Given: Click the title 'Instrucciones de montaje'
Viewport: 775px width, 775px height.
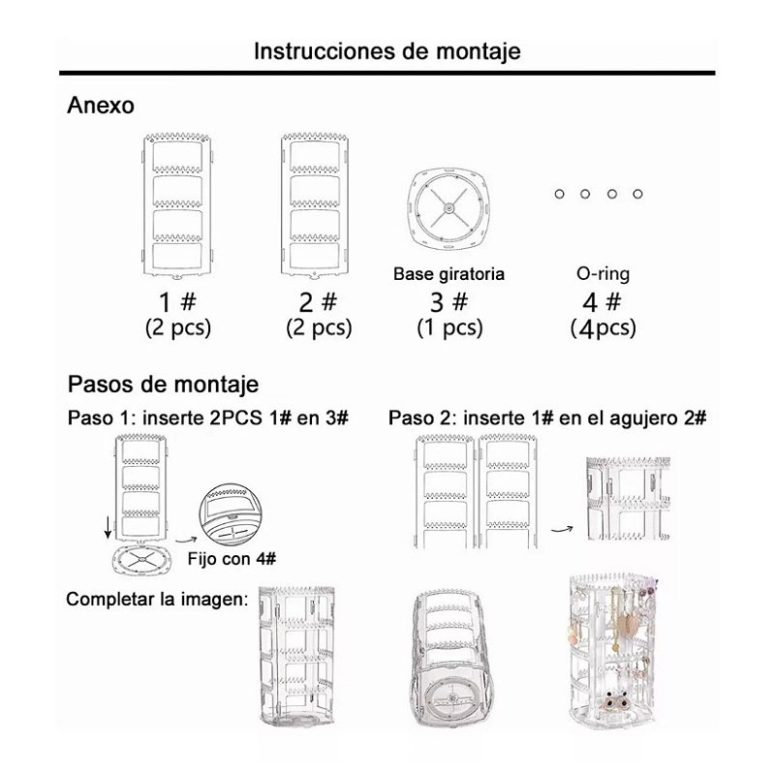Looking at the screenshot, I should point(387,50).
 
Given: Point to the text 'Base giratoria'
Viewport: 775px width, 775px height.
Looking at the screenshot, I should point(449,275).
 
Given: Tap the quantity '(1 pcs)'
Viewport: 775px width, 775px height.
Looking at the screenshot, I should point(449,327).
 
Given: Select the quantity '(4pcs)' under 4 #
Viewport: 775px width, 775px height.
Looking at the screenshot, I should point(604,327).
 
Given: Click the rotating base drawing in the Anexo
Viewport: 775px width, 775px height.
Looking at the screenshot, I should point(449,207).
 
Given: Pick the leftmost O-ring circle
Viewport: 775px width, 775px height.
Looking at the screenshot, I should point(559,195).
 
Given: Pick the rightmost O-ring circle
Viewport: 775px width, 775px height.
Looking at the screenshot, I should point(637,195).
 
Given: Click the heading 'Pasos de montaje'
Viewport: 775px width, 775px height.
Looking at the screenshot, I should point(163,384).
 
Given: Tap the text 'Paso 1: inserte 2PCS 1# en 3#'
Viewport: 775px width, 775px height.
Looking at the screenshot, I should point(207,418).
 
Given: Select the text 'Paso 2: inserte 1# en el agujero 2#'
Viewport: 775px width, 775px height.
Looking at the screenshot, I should point(547,418).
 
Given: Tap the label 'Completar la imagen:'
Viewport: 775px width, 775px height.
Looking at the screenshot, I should point(157,600).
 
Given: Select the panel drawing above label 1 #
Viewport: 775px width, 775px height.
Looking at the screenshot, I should point(177,203).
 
